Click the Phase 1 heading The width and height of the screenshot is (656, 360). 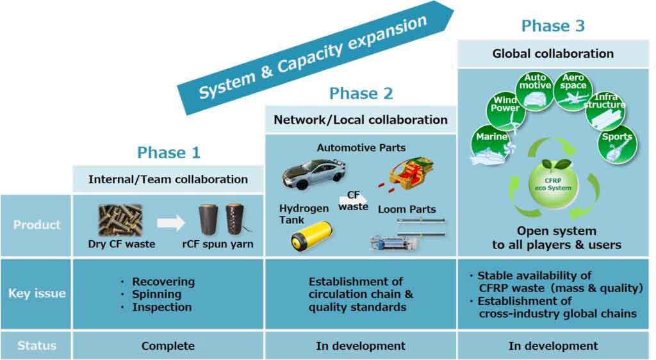tap(168, 152)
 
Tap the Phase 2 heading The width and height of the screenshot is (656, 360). tap(361, 94)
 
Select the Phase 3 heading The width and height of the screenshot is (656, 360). tap(553, 26)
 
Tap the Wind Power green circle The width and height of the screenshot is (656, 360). tap(506, 110)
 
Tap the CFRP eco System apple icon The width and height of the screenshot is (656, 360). tap(553, 183)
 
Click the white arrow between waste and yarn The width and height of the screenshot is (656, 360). tap(170, 223)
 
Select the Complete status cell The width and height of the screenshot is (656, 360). tap(168, 346)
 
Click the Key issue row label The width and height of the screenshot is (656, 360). tap(37, 294)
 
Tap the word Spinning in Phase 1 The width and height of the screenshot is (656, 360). tap(156, 295)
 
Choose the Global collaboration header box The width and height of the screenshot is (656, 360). tap(553, 54)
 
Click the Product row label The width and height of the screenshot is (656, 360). tap(37, 225)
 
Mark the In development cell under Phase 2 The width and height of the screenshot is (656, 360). tap(361, 346)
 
